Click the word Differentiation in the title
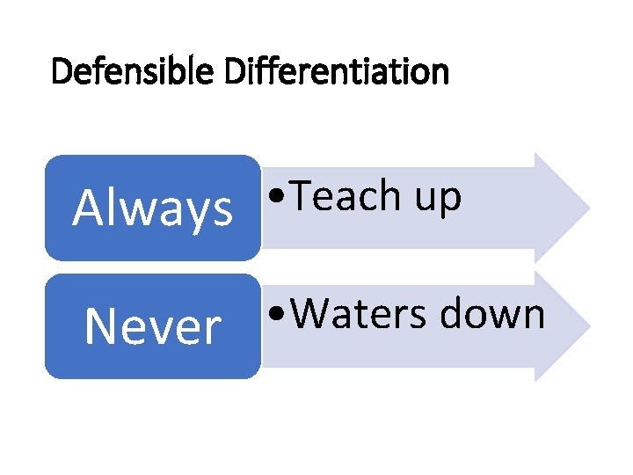click(x=336, y=70)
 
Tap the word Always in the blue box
click(x=153, y=208)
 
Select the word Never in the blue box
click(x=153, y=327)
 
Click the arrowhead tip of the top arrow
click(x=586, y=208)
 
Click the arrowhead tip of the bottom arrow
click(x=586, y=326)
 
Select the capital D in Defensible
click(x=62, y=70)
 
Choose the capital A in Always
click(x=88, y=208)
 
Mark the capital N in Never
click(x=99, y=327)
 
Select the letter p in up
click(x=449, y=200)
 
